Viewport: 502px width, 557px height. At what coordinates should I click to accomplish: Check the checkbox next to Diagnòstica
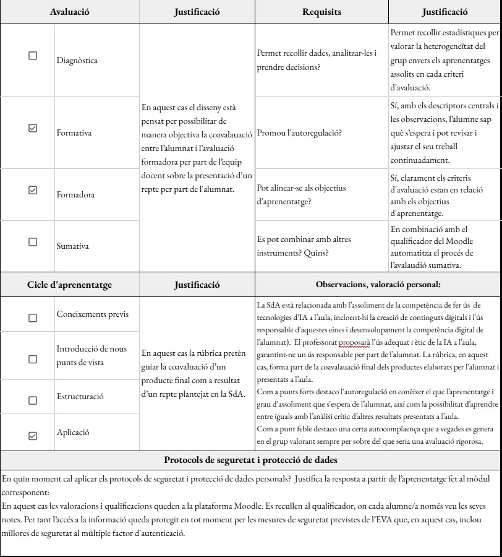(x=33, y=56)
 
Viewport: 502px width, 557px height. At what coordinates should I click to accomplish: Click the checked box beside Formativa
(x=33, y=128)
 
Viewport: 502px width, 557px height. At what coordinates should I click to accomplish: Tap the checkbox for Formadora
(x=33, y=190)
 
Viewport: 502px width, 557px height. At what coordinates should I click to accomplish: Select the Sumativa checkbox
(x=33, y=242)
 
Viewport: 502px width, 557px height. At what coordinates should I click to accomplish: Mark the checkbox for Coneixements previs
(x=33, y=317)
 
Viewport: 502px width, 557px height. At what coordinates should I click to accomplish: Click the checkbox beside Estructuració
(x=33, y=400)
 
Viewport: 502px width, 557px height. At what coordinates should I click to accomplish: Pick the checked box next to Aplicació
(x=33, y=436)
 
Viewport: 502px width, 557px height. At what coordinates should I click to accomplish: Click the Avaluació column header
(x=70, y=12)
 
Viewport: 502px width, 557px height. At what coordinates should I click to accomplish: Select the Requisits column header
(x=322, y=12)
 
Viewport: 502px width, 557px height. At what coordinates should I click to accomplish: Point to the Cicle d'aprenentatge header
(x=70, y=285)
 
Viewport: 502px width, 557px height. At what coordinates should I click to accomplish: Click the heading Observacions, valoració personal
(x=378, y=285)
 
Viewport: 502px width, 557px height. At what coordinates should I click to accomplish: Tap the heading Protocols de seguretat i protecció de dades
(x=250, y=459)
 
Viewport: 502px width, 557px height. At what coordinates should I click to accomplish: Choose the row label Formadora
(x=75, y=195)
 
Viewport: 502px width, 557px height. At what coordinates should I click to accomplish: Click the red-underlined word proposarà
(x=354, y=342)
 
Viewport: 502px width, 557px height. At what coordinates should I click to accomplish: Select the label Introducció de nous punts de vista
(x=91, y=355)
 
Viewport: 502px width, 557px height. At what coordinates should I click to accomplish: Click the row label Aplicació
(x=73, y=432)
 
